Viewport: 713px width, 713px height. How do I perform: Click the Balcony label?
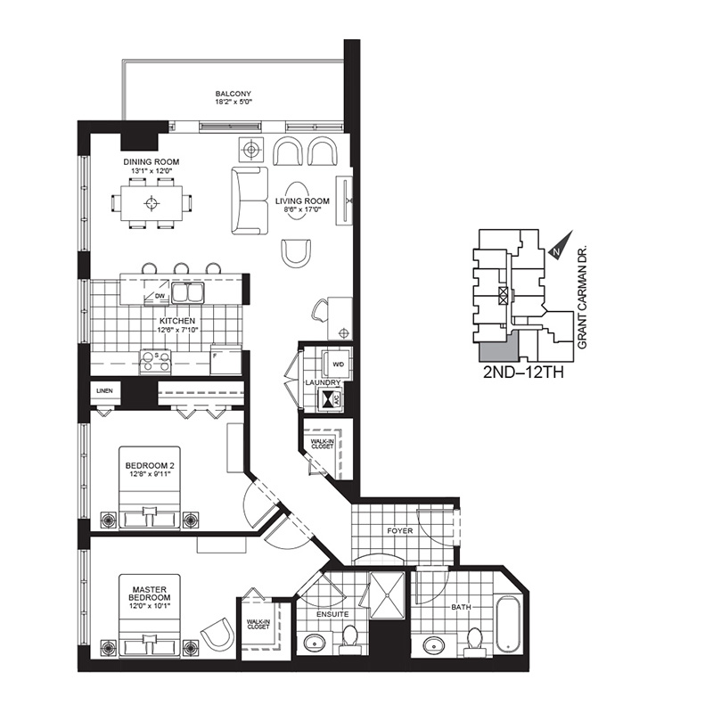pyautogui.click(x=234, y=94)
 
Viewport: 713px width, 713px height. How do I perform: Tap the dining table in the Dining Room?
pyautogui.click(x=152, y=203)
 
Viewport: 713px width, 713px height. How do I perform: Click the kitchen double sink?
pyautogui.click(x=188, y=292)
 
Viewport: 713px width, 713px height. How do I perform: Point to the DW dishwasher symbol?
pyautogui.click(x=156, y=291)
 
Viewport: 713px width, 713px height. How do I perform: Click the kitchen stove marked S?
pyautogui.click(x=155, y=362)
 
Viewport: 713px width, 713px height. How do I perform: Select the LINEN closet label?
pyautogui.click(x=104, y=390)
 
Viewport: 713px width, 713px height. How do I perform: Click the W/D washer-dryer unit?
pyautogui.click(x=336, y=365)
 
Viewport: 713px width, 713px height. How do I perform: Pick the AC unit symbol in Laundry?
pyautogui.click(x=332, y=399)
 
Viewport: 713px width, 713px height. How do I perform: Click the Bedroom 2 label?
pyautogui.click(x=150, y=465)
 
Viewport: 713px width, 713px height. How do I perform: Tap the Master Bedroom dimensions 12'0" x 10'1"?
pyautogui.click(x=150, y=606)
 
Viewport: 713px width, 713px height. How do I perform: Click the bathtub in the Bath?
pyautogui.click(x=507, y=626)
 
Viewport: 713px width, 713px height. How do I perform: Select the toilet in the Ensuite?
pyautogui.click(x=349, y=640)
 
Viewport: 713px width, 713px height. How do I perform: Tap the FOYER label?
pyautogui.click(x=399, y=530)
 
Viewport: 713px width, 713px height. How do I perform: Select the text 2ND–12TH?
pyautogui.click(x=523, y=373)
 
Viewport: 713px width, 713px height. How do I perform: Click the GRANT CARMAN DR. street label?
pyautogui.click(x=583, y=299)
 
